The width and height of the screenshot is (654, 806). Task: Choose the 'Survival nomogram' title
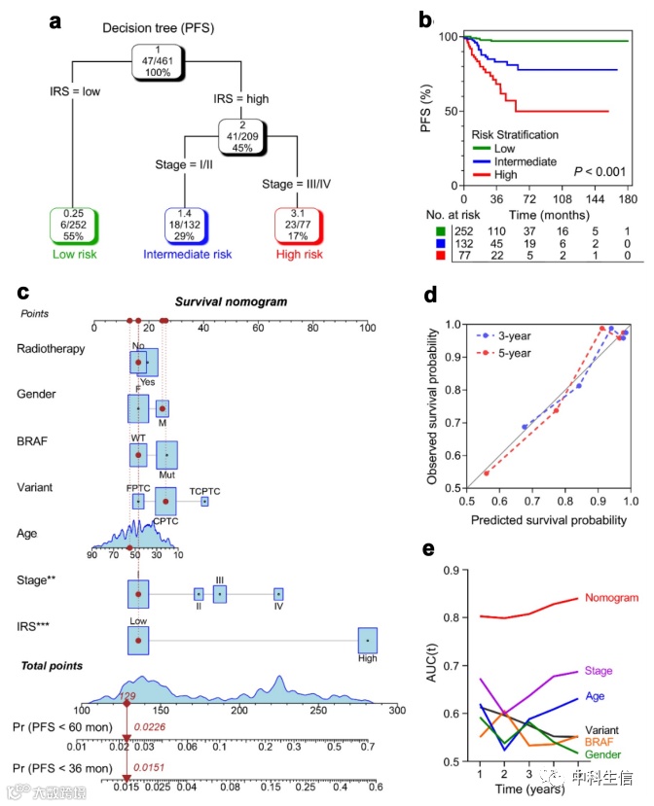(231, 301)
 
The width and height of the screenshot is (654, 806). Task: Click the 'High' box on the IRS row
(368, 641)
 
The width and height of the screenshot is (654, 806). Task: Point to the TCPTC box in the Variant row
(205, 502)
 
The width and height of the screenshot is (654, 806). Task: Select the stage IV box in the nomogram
(278, 593)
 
